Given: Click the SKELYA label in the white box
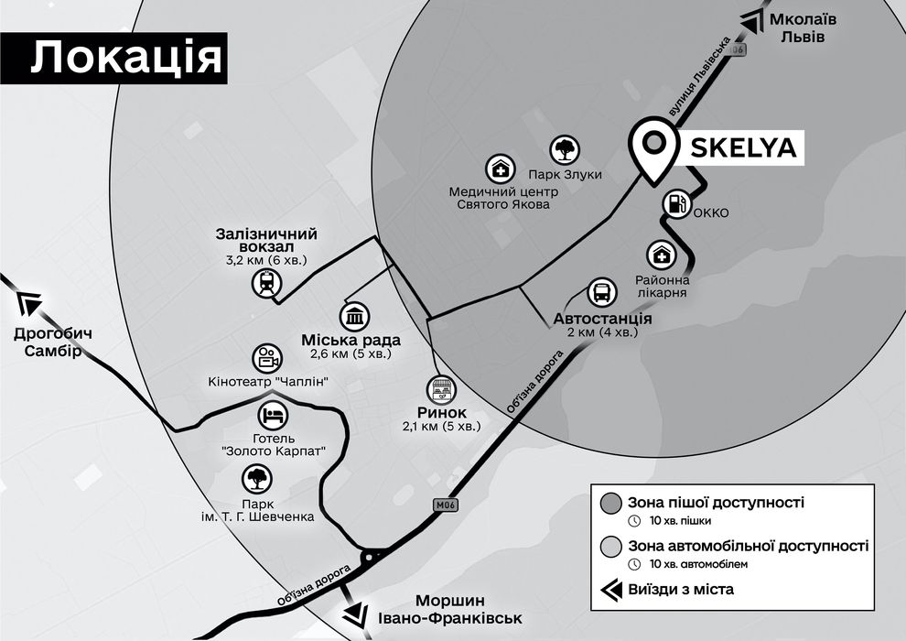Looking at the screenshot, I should coord(741,147).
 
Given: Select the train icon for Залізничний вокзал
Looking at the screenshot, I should coord(266,283).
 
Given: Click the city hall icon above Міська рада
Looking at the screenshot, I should coord(353,317).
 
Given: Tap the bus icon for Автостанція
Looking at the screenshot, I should coord(602,293).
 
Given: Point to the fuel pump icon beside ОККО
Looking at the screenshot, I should coord(675,203).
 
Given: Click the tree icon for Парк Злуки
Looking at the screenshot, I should coord(564,150).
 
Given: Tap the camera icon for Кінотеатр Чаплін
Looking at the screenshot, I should coord(266,358).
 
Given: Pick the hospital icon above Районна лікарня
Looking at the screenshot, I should coord(661,255).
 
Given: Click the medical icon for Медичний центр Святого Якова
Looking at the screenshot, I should coord(500,168).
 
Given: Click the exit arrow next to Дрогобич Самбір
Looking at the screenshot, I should coord(30,302).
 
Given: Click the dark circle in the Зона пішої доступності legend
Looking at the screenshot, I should coord(611,503).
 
